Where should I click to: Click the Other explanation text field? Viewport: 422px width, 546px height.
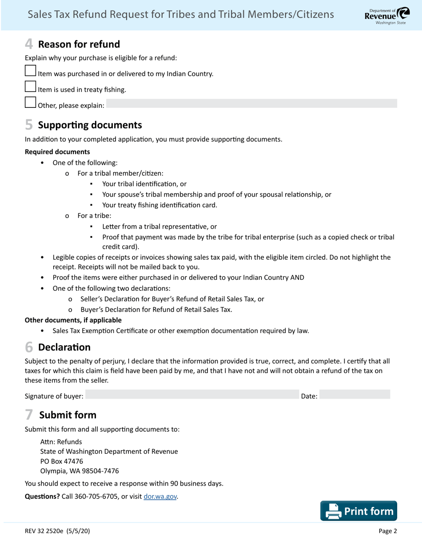pyautogui.click(x=251, y=104)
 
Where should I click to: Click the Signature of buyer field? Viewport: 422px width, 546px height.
pyautogui.click(x=191, y=395)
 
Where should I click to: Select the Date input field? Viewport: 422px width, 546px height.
pyautogui.click(x=354, y=395)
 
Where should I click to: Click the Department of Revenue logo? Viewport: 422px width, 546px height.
pyautogui.click(x=381, y=16)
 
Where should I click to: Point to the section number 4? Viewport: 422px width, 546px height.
pyautogui.click(x=29, y=44)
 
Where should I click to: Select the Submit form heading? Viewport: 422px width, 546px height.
pyautogui.click(x=68, y=415)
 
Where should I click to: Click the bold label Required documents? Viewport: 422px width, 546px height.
pyautogui.click(x=57, y=152)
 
